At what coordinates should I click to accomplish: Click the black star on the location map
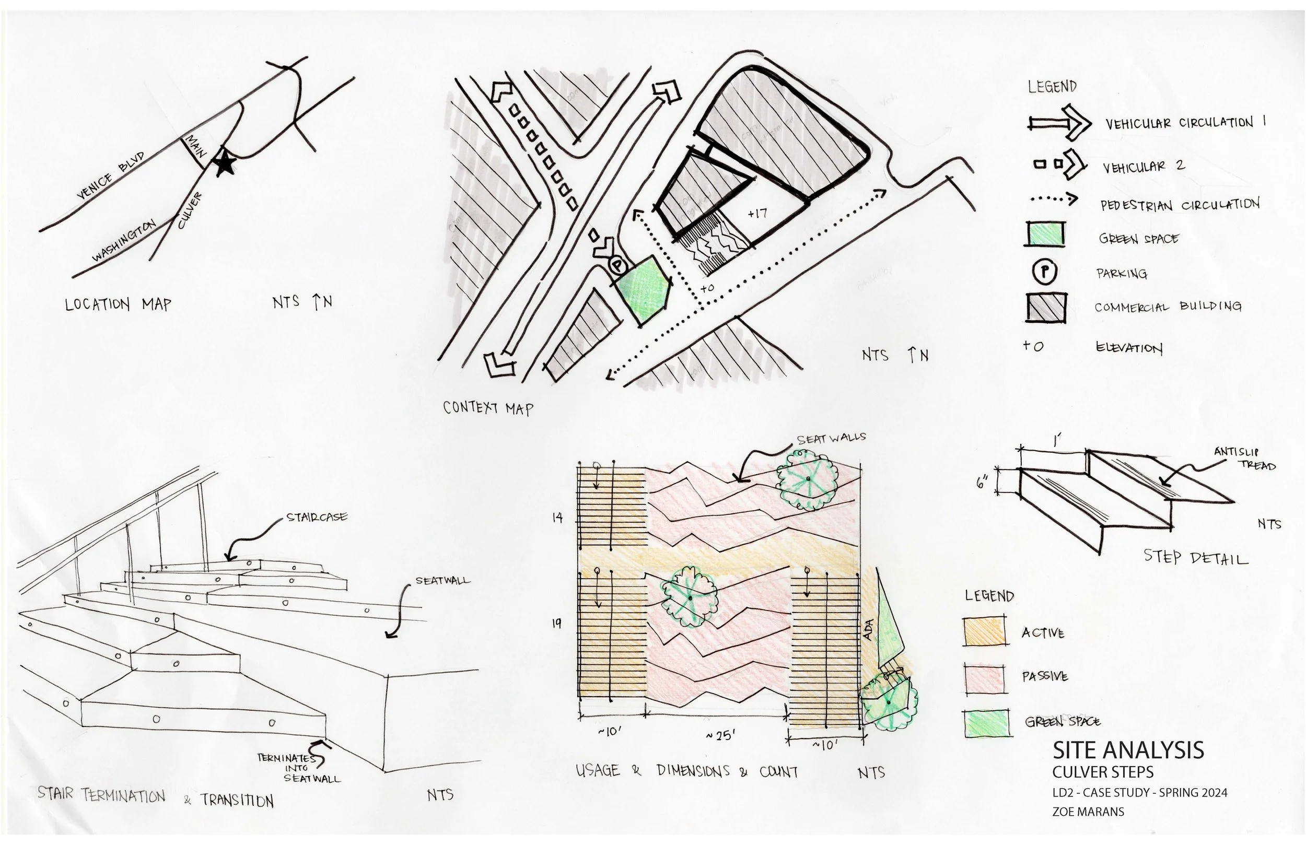click(x=225, y=164)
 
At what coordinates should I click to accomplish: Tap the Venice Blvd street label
click(x=110, y=175)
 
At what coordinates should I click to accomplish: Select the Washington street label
click(x=124, y=240)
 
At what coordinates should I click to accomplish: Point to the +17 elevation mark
click(x=757, y=214)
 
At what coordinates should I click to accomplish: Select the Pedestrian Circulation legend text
click(x=1179, y=205)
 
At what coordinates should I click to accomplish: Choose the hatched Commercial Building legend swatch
click(x=1045, y=307)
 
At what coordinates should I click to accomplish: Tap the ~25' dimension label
click(x=720, y=736)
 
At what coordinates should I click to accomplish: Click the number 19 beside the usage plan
click(x=556, y=624)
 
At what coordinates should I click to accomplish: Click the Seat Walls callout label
click(x=831, y=438)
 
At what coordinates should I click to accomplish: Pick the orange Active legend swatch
click(x=984, y=631)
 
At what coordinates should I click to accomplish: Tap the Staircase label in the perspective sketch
click(x=317, y=517)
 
